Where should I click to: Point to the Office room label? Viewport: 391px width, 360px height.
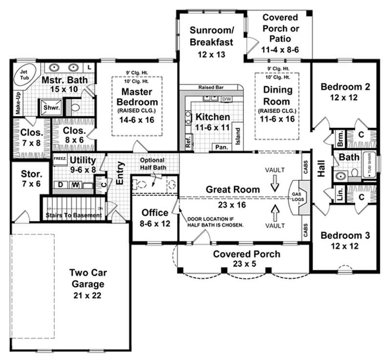[155, 213]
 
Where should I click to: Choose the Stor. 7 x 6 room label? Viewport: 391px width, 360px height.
[30, 179]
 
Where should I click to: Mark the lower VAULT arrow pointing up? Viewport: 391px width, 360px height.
[275, 211]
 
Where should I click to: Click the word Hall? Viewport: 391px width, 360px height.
[322, 169]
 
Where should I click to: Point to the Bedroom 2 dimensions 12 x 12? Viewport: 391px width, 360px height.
[345, 98]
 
